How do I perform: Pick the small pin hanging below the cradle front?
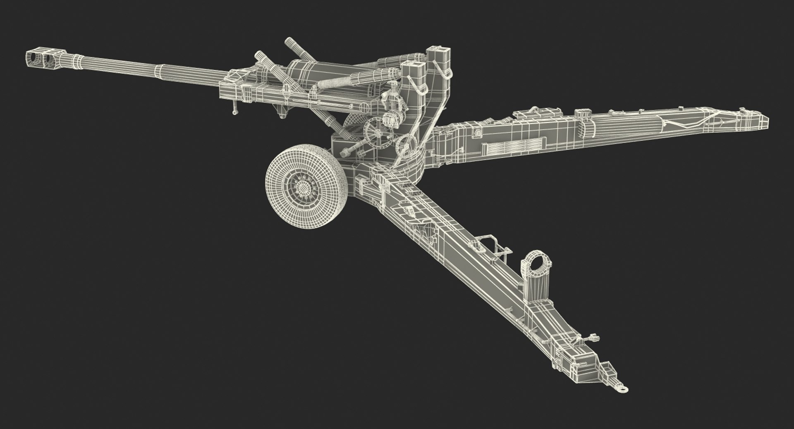click(x=235, y=111)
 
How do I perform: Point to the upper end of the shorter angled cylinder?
click(x=259, y=55)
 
